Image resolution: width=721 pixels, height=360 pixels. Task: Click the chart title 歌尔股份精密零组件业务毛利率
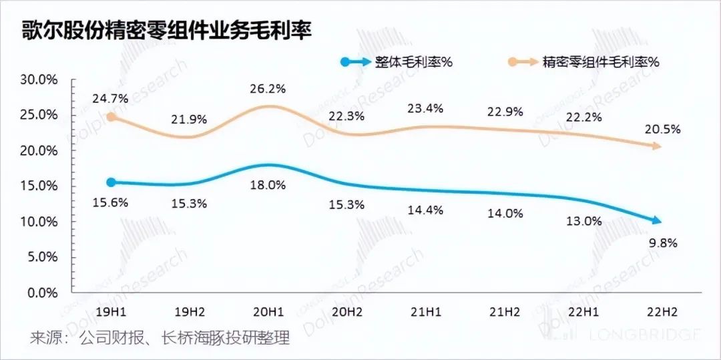(x=167, y=31)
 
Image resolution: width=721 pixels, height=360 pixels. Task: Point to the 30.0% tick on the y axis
(x=39, y=79)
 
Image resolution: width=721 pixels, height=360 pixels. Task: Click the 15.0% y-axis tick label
(x=39, y=186)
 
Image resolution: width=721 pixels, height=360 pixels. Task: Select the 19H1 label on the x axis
(x=111, y=312)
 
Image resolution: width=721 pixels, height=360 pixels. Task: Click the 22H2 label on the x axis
(x=661, y=312)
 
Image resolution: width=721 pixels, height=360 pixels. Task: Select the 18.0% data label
(x=268, y=185)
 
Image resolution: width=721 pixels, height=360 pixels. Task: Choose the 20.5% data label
(x=663, y=130)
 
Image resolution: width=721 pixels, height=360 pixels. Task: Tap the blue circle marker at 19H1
(x=111, y=182)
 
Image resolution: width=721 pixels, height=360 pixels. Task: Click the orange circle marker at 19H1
(x=111, y=117)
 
